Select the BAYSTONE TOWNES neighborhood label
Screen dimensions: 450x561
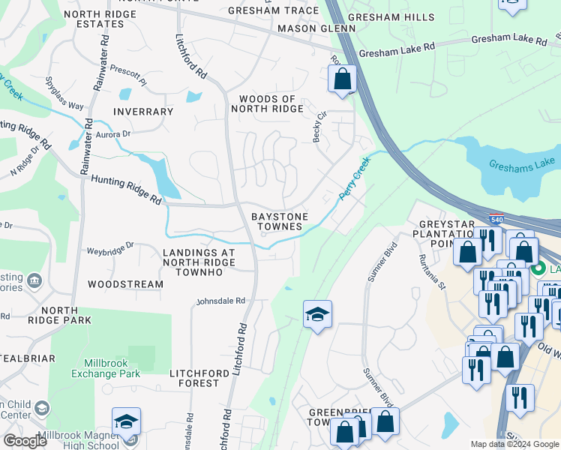point(280,221)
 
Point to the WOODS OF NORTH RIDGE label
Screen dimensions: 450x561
point(271,103)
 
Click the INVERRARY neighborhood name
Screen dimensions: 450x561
point(143,112)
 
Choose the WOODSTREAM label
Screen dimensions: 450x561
point(125,284)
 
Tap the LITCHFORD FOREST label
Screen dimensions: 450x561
point(205,377)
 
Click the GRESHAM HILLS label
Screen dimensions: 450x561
point(396,16)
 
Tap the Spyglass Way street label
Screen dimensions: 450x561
point(64,93)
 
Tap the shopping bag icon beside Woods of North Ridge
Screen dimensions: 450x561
point(342,79)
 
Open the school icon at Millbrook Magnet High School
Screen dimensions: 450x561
point(126,421)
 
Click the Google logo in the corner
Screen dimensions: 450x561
point(25,441)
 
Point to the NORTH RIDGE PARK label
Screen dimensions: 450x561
point(55,315)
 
